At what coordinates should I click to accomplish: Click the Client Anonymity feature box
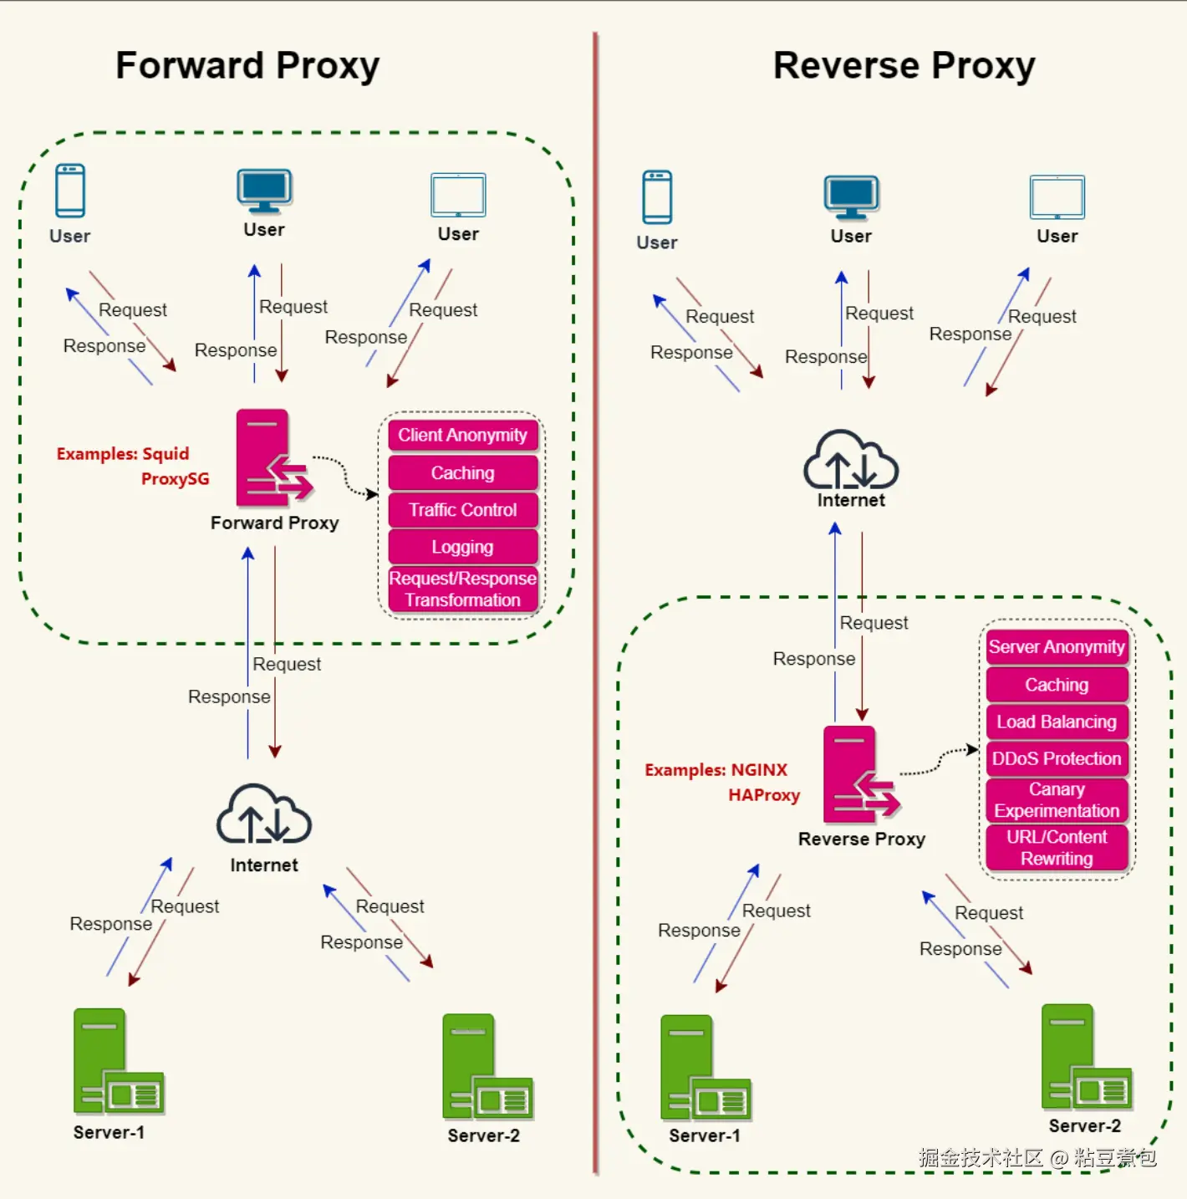[x=462, y=436]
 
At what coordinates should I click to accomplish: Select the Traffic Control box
[x=462, y=510]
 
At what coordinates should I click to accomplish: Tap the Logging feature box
[x=462, y=547]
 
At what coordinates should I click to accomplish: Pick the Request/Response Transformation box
[x=462, y=589]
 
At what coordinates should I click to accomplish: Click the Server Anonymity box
[x=1057, y=647]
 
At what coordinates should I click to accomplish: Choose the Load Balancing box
[x=1057, y=722]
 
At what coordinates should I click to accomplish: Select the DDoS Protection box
[x=1057, y=758]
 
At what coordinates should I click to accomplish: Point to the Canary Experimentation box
[x=1057, y=800]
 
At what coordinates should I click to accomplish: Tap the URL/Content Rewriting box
[x=1057, y=848]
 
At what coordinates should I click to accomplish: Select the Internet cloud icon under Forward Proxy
[x=264, y=815]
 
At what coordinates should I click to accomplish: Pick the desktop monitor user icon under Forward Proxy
[x=264, y=191]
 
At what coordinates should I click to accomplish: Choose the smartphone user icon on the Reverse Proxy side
[x=657, y=197]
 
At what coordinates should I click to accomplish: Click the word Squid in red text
[x=166, y=454]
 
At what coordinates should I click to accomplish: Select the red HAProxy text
[x=764, y=795]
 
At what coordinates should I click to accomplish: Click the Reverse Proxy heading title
[x=904, y=66]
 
